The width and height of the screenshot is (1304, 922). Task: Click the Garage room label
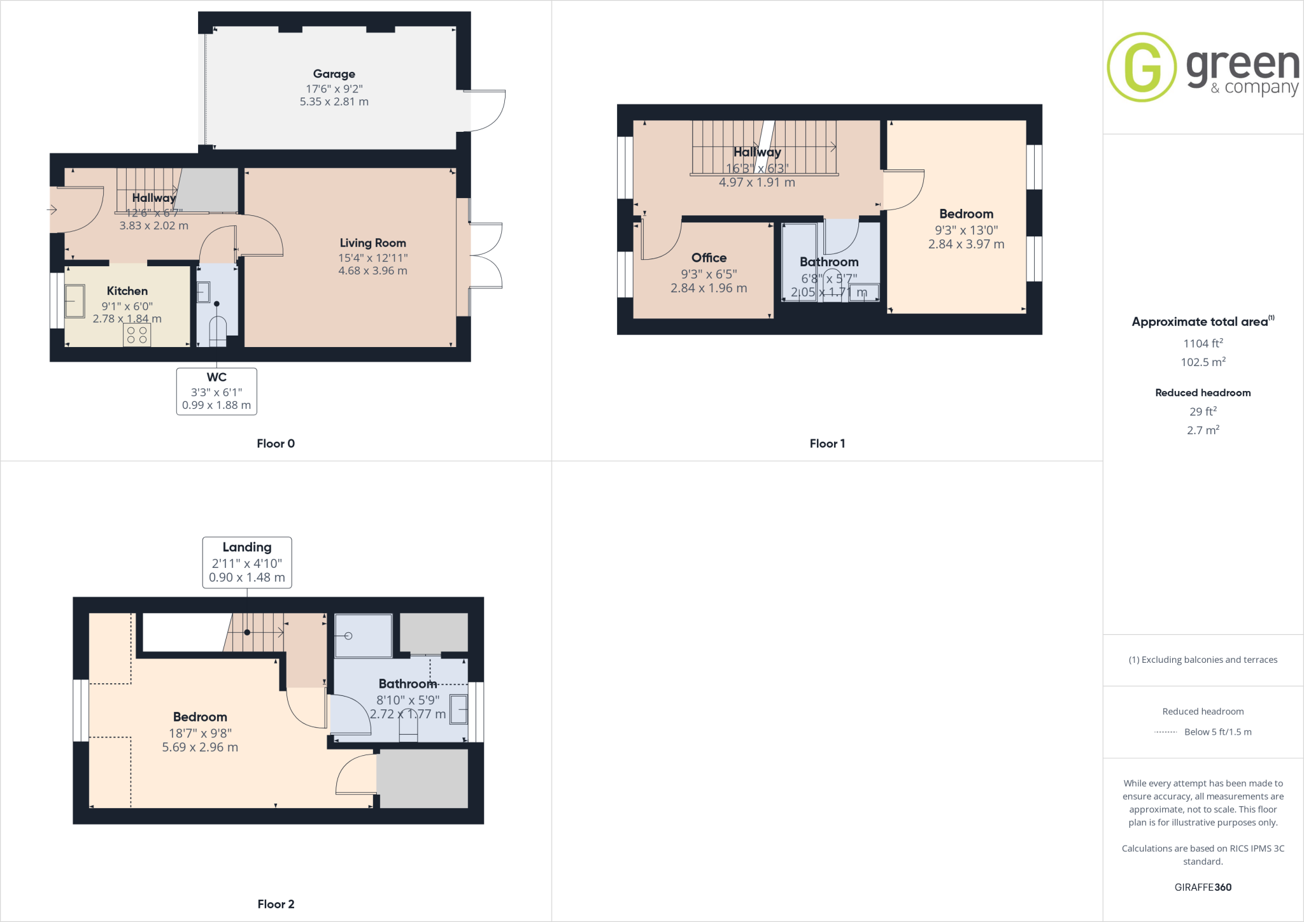(334, 74)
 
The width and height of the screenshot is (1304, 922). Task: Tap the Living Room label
(372, 243)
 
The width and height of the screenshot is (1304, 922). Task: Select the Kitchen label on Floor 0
(127, 291)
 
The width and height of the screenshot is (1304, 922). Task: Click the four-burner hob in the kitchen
(137, 335)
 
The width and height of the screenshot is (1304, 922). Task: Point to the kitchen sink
(74, 301)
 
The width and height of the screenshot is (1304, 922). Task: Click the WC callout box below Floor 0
(216, 391)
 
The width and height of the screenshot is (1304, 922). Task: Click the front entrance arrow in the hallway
(52, 209)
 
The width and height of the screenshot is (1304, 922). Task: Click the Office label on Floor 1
(709, 258)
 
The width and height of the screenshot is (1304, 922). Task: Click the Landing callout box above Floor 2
(247, 562)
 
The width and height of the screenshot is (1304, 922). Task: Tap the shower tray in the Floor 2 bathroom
(363, 635)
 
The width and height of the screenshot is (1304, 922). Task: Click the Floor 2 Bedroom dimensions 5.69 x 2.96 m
(200, 748)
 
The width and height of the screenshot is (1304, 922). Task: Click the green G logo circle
(1142, 67)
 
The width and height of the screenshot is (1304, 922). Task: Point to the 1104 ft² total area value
(1203, 344)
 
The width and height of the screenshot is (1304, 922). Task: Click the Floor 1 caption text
(827, 444)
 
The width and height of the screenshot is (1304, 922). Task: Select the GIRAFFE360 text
(1203, 887)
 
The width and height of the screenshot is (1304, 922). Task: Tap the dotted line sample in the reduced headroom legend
(1165, 732)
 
